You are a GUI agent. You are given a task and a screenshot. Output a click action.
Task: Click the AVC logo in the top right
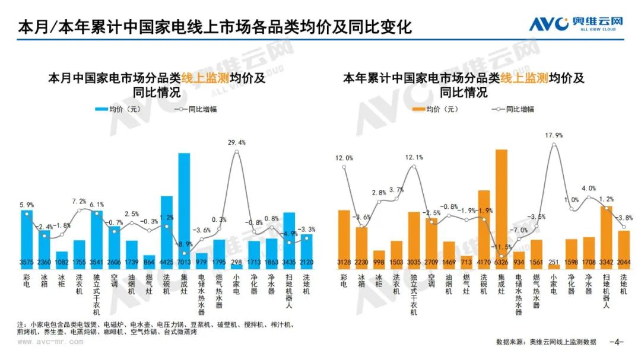click(x=577, y=25)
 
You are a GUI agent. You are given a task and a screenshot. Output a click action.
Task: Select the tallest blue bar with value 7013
click(x=184, y=208)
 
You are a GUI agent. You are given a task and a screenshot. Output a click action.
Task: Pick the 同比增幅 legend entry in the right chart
click(x=514, y=109)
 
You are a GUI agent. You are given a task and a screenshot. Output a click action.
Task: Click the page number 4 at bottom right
click(x=617, y=342)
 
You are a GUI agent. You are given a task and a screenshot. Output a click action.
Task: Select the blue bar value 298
click(x=236, y=263)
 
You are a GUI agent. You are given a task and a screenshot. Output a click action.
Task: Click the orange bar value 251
click(x=554, y=263)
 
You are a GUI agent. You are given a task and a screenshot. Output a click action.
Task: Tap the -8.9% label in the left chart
click(x=185, y=244)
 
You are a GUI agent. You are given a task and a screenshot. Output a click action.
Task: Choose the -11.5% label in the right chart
click(x=502, y=247)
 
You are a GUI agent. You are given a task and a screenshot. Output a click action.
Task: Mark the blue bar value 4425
click(x=167, y=263)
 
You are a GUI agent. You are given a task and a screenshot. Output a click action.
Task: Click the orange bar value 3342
click(x=606, y=263)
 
